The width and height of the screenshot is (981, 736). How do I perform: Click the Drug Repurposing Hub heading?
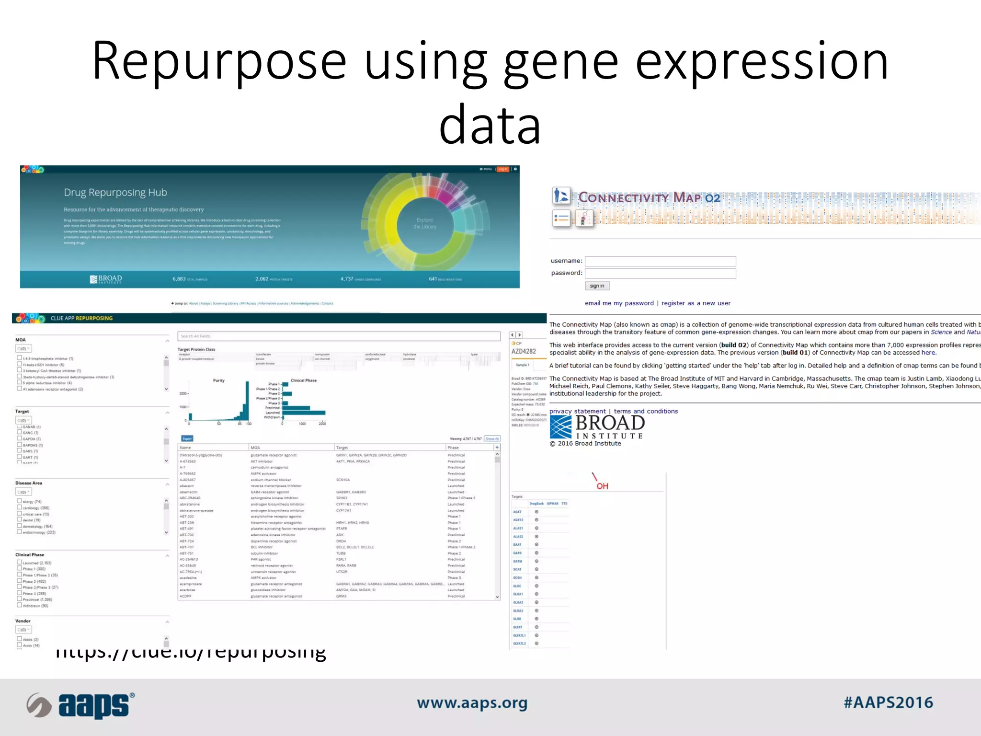(x=115, y=193)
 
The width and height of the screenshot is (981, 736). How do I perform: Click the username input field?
(x=660, y=261)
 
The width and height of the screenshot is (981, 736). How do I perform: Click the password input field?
(x=660, y=273)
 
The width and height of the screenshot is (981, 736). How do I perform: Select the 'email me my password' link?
(x=619, y=303)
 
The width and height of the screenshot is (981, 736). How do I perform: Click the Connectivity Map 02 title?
(x=649, y=197)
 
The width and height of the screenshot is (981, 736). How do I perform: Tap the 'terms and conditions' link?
(x=646, y=411)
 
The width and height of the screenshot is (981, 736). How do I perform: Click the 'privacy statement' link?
(x=577, y=411)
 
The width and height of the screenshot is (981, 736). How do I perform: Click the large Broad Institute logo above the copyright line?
(x=597, y=426)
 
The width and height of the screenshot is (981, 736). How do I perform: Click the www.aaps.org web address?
(x=472, y=703)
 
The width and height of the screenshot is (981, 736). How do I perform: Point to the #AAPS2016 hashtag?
(x=888, y=702)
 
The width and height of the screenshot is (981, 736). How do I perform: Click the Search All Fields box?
(x=339, y=336)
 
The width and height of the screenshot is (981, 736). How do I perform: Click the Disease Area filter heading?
(x=29, y=483)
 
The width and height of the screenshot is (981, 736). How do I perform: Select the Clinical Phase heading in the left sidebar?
(x=30, y=554)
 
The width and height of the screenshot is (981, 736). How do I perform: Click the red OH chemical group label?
(x=602, y=486)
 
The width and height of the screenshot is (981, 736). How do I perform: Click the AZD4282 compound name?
(x=524, y=351)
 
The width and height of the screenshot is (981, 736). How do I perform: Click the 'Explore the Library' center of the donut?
(x=425, y=223)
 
